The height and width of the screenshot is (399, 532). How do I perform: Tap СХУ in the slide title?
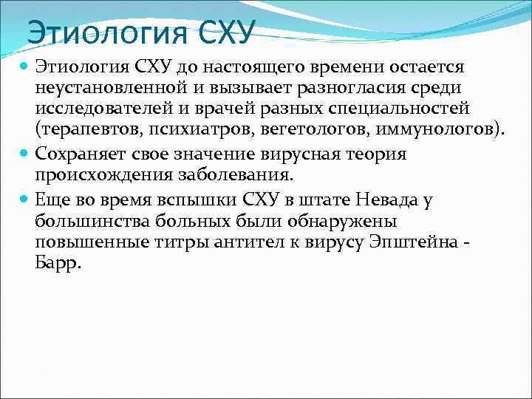click(x=227, y=32)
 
